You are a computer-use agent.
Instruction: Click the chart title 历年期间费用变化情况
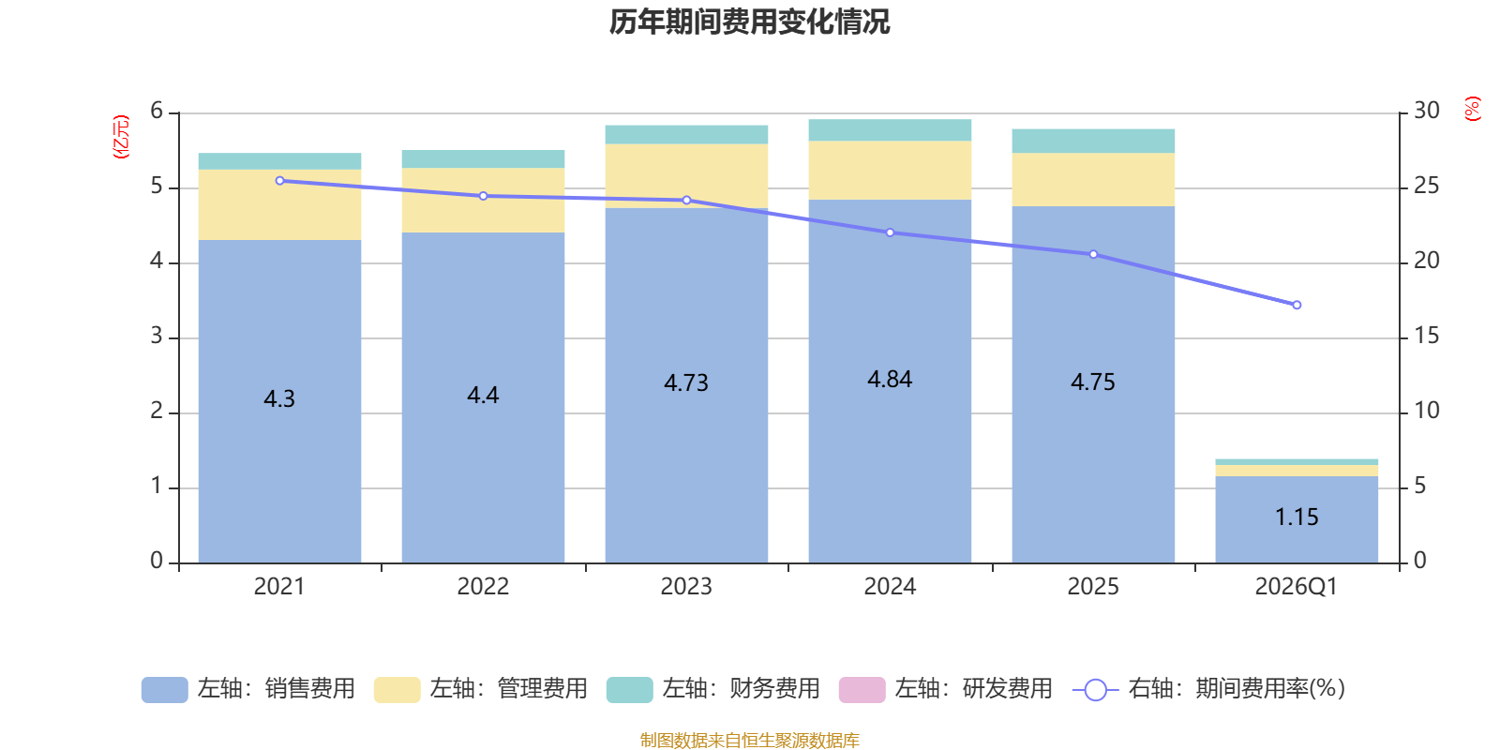pyautogui.click(x=749, y=22)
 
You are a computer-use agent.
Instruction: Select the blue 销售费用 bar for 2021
pyautogui.click(x=280, y=401)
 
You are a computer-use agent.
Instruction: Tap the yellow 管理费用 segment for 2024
pyautogui.click(x=890, y=170)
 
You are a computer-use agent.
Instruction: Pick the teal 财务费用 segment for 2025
pyautogui.click(x=1093, y=141)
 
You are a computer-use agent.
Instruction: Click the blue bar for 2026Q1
pyautogui.click(x=1297, y=519)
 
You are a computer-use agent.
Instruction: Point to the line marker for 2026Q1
pyautogui.click(x=1297, y=305)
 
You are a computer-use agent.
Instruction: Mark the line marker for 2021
pyautogui.click(x=280, y=181)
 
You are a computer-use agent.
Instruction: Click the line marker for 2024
pyautogui.click(x=890, y=233)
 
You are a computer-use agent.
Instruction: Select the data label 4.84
pyautogui.click(x=890, y=380)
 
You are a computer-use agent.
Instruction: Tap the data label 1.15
pyautogui.click(x=1297, y=517)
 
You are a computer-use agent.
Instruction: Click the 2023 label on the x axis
pyautogui.click(x=686, y=587)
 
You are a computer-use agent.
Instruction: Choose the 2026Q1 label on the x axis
pyautogui.click(x=1297, y=587)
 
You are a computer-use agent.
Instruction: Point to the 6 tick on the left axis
pyautogui.click(x=157, y=111)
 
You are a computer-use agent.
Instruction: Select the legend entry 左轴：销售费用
pyautogui.click(x=248, y=689)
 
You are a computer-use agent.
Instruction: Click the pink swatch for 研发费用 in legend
pyautogui.click(x=862, y=690)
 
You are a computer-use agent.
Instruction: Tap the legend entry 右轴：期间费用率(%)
pyautogui.click(x=1208, y=689)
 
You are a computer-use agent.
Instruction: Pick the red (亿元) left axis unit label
pyautogui.click(x=121, y=137)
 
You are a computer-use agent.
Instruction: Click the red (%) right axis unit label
pyautogui.click(x=1473, y=109)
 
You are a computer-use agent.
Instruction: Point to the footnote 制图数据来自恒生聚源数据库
pyautogui.click(x=749, y=740)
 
